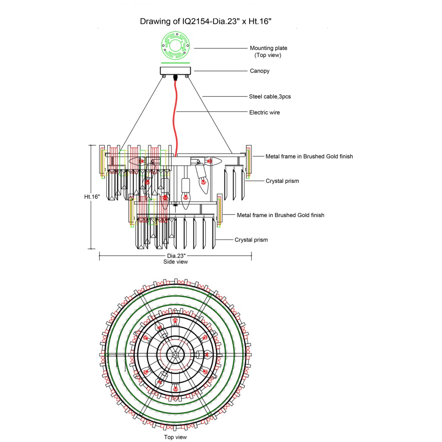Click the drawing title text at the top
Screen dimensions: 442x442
[206, 21]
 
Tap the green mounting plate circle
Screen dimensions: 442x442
[175, 46]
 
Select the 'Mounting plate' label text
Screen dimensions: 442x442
[268, 48]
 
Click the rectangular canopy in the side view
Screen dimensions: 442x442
[175, 70]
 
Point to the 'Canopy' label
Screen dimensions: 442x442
[259, 71]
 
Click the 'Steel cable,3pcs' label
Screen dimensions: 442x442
[270, 97]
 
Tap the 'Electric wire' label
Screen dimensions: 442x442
[264, 112]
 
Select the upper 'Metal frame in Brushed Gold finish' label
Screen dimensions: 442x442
[309, 157]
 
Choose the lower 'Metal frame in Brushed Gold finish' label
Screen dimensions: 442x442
[280, 215]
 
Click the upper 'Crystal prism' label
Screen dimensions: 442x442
[282, 181]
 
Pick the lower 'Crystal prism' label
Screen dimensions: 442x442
[251, 240]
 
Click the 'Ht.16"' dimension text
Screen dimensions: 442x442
[92, 197]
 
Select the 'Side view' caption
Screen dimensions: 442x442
[176, 262]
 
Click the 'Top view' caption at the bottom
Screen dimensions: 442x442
[175, 437]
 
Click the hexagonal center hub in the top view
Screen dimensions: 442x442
[175, 355]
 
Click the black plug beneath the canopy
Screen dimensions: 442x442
[175, 77]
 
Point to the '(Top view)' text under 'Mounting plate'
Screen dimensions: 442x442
[268, 55]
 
